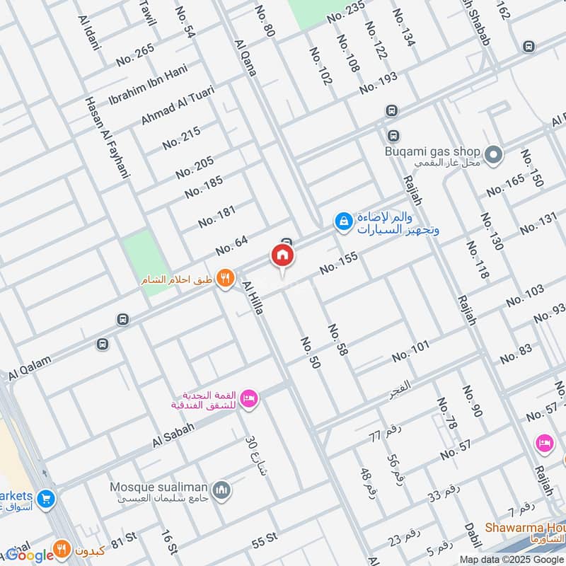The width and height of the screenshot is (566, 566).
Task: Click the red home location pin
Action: [x=282, y=257]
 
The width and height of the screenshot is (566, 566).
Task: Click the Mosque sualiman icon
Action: [x=222, y=490]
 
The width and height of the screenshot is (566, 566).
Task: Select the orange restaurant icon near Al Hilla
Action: [x=225, y=279]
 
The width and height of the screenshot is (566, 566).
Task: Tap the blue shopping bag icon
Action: [x=343, y=221]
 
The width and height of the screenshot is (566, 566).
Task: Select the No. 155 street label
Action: [x=339, y=262]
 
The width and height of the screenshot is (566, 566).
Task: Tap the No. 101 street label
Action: [x=411, y=350]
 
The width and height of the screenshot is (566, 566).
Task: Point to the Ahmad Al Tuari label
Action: [x=177, y=106]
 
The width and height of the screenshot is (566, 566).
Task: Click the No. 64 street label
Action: [x=232, y=244]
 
